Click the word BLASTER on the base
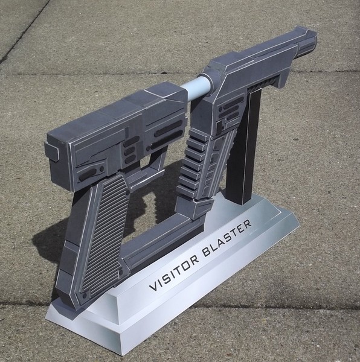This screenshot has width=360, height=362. coord(227,238)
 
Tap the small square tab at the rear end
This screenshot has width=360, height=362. coord(52,151)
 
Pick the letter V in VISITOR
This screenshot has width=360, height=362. coord(153,286)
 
